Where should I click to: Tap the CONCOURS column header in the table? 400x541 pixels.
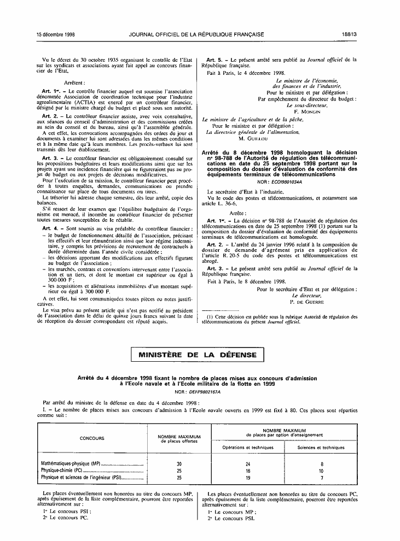click(92, 438)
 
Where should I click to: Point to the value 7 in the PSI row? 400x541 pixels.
click(322, 477)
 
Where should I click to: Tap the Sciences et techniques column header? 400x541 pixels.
click(321, 447)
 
